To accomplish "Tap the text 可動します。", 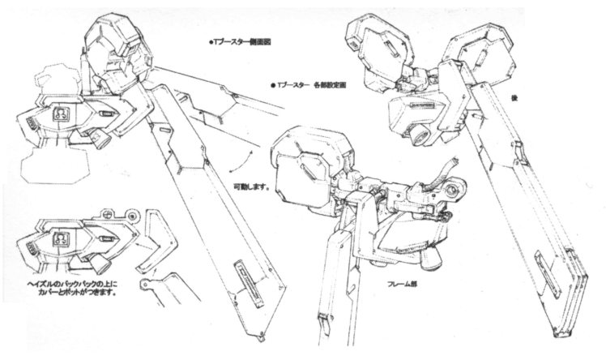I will point(248,186).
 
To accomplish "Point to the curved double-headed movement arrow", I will point(237,165).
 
